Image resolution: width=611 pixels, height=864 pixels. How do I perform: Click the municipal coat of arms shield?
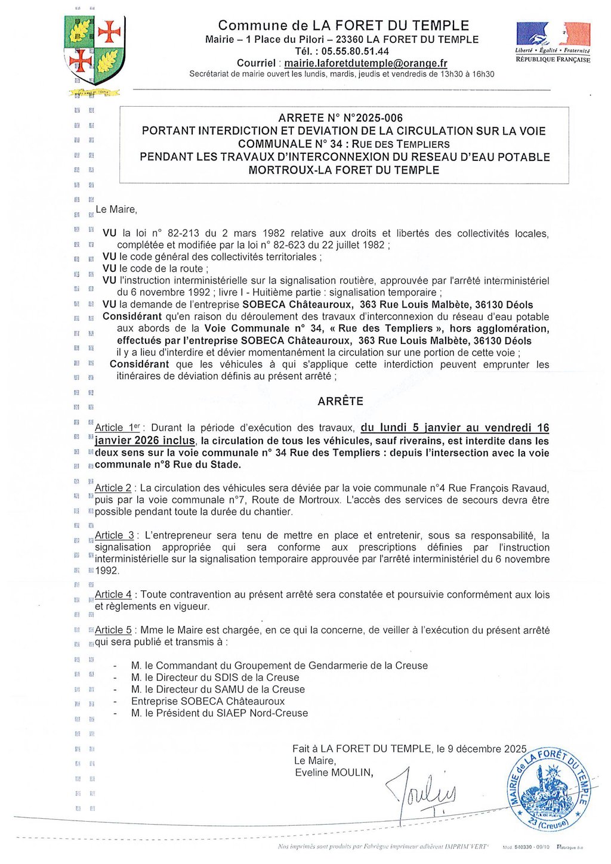pos(94,50)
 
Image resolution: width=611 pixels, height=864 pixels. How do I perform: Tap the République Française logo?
pos(553,42)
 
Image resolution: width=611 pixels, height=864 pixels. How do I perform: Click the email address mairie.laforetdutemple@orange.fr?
pos(366,63)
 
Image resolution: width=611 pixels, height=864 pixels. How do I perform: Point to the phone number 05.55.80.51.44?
pos(355,51)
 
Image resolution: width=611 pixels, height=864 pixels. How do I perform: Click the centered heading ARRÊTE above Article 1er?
pos(340,401)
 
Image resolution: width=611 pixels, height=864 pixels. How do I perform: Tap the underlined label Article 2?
pos(113,488)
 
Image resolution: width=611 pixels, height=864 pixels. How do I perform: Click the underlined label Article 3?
pos(114,535)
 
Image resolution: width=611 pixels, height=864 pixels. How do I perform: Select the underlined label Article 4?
pos(113,594)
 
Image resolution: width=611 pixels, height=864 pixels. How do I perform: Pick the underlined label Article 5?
pos(113,630)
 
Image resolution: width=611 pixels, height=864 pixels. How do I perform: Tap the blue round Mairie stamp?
pos(548,789)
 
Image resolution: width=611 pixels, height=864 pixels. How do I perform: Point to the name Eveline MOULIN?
pos(334,773)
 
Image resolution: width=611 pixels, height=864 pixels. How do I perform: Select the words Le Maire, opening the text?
pos(116,210)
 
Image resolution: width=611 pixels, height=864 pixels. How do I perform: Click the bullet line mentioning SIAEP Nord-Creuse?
pos(220,713)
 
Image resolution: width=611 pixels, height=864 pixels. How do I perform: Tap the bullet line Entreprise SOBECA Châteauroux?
pos(208,701)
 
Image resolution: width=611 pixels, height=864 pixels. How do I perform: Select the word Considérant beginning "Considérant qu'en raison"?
pos(132,317)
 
